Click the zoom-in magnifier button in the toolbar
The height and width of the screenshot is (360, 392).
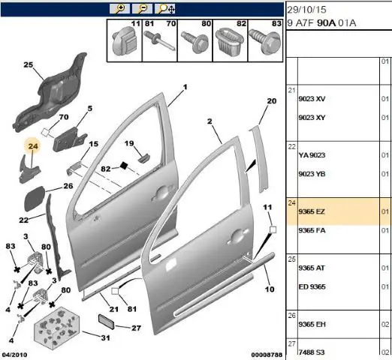pos(119,9)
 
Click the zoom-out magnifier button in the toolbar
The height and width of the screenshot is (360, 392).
pos(142,9)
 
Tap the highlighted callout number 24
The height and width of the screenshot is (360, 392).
pos(33,146)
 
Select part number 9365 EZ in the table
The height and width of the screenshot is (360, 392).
pos(312,211)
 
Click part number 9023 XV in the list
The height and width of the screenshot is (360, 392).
pos(312,99)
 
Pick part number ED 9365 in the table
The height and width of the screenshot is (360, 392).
pos(312,286)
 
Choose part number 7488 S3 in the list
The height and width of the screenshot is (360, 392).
pos(312,352)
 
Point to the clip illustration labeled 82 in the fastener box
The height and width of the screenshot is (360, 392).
pos(229,41)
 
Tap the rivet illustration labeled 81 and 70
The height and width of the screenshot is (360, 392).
pos(159,40)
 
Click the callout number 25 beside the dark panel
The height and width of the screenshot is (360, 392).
pos(29,64)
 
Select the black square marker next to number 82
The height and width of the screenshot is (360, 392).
pos(124,166)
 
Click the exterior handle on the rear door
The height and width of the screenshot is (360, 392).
pos(235,237)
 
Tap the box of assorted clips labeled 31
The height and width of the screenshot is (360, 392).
pos(57,328)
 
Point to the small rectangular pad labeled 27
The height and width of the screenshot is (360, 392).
pos(106,322)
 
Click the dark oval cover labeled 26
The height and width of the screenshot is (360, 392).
pos(35,199)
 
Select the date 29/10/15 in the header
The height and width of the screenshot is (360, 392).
pos(306,10)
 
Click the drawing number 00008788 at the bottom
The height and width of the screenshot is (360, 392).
pos(267,355)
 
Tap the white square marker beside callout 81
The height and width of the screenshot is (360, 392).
pos(115,291)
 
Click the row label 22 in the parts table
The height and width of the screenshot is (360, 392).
pos(292,146)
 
